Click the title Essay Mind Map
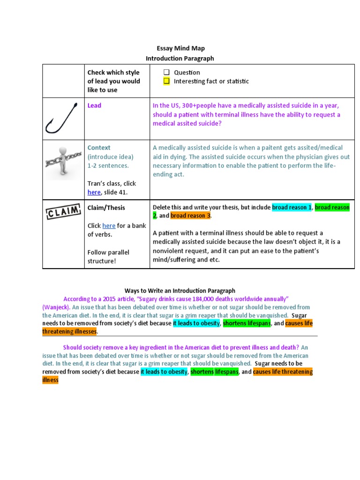(x=180, y=48)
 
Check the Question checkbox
(x=166, y=72)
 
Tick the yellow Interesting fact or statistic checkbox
(x=166, y=81)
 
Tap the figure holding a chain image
(x=63, y=162)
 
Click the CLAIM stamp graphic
(x=63, y=212)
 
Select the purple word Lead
(x=94, y=105)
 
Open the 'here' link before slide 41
(x=94, y=192)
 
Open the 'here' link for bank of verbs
(x=109, y=226)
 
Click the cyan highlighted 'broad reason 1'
(x=292, y=207)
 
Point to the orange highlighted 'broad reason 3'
(x=190, y=216)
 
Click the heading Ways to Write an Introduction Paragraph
(x=180, y=291)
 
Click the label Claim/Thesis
(x=106, y=208)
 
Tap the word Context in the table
(x=99, y=148)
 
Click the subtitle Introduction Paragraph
(x=180, y=59)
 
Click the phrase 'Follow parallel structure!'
(x=108, y=256)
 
